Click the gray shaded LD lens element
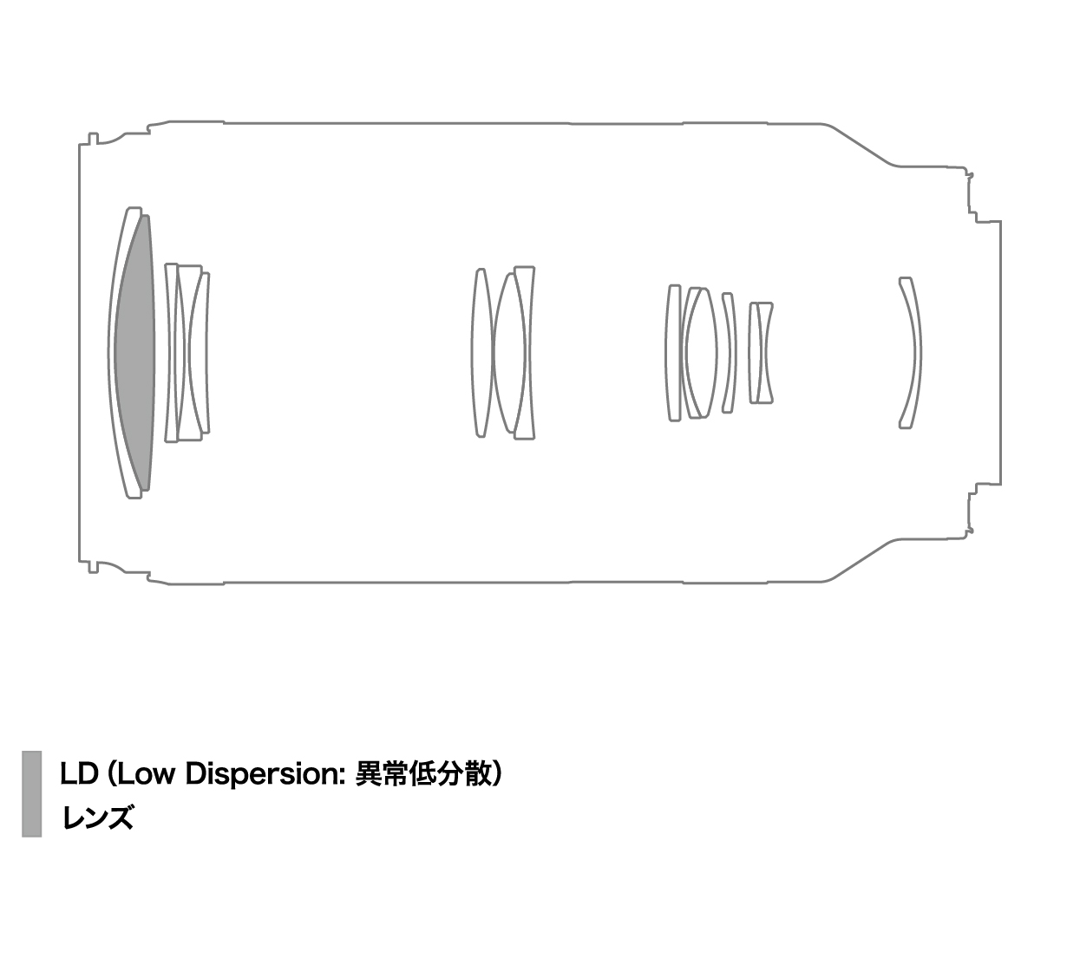click(135, 352)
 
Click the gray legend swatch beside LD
click(32, 793)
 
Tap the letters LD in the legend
click(79, 773)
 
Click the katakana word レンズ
click(97, 817)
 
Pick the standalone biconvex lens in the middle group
click(481, 353)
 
